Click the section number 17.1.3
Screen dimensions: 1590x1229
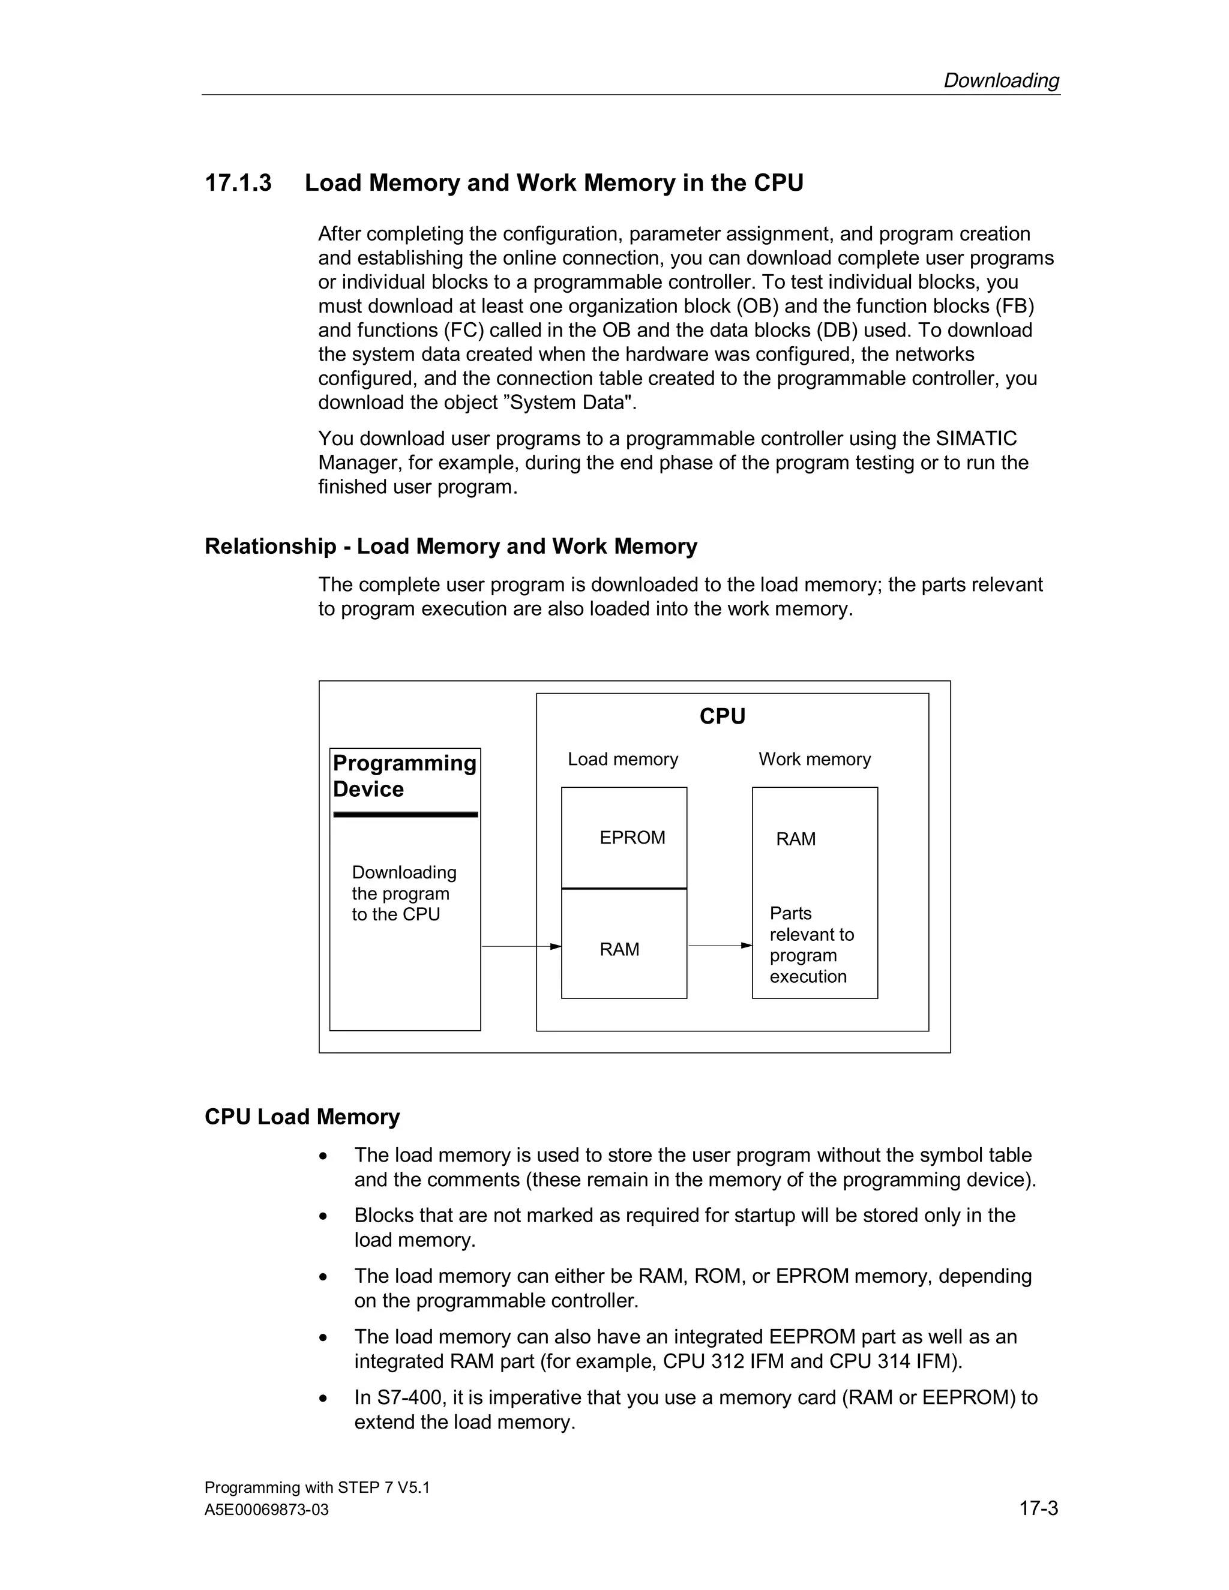tap(238, 183)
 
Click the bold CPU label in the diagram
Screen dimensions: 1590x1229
tap(723, 716)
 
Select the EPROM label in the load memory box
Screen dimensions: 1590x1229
tap(632, 838)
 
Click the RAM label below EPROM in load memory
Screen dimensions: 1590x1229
tap(619, 949)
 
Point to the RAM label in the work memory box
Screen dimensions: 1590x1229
tap(795, 839)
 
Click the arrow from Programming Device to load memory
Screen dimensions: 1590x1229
tap(520, 946)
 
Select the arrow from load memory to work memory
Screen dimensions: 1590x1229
tap(720, 946)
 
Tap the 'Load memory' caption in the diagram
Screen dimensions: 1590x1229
tap(622, 760)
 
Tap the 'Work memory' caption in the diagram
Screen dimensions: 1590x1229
tap(814, 760)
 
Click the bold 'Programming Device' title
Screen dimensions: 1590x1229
tap(404, 776)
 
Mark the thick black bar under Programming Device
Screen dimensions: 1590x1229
tap(406, 815)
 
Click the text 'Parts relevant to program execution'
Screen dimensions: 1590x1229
tap(811, 945)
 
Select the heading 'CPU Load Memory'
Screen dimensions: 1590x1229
tap(302, 1117)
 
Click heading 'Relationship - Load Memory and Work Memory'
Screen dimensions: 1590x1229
tap(451, 546)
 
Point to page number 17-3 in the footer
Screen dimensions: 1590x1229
tap(1038, 1508)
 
